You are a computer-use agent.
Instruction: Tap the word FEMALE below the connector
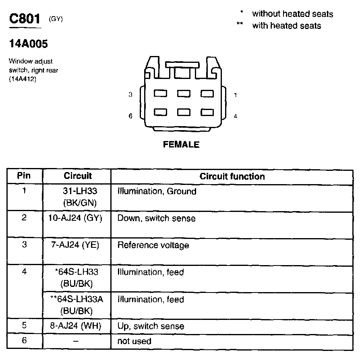(x=181, y=145)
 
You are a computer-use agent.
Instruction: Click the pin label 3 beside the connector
(x=130, y=95)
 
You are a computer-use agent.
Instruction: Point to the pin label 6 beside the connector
(x=130, y=116)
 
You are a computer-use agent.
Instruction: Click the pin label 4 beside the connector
(x=235, y=116)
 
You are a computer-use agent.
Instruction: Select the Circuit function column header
(x=232, y=176)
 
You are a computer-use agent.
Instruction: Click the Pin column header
(x=24, y=176)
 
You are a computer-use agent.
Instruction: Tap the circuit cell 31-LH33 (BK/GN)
(x=77, y=196)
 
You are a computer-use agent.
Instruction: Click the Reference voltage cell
(x=153, y=245)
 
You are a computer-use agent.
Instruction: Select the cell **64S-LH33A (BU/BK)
(x=77, y=305)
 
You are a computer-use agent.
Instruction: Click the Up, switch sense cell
(x=151, y=326)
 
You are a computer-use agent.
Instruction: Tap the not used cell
(x=134, y=341)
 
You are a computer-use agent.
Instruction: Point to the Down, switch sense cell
(x=156, y=218)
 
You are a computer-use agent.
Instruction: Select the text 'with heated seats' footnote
(x=286, y=26)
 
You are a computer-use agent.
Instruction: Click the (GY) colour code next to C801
(x=56, y=19)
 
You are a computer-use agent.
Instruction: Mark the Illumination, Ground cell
(x=157, y=191)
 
